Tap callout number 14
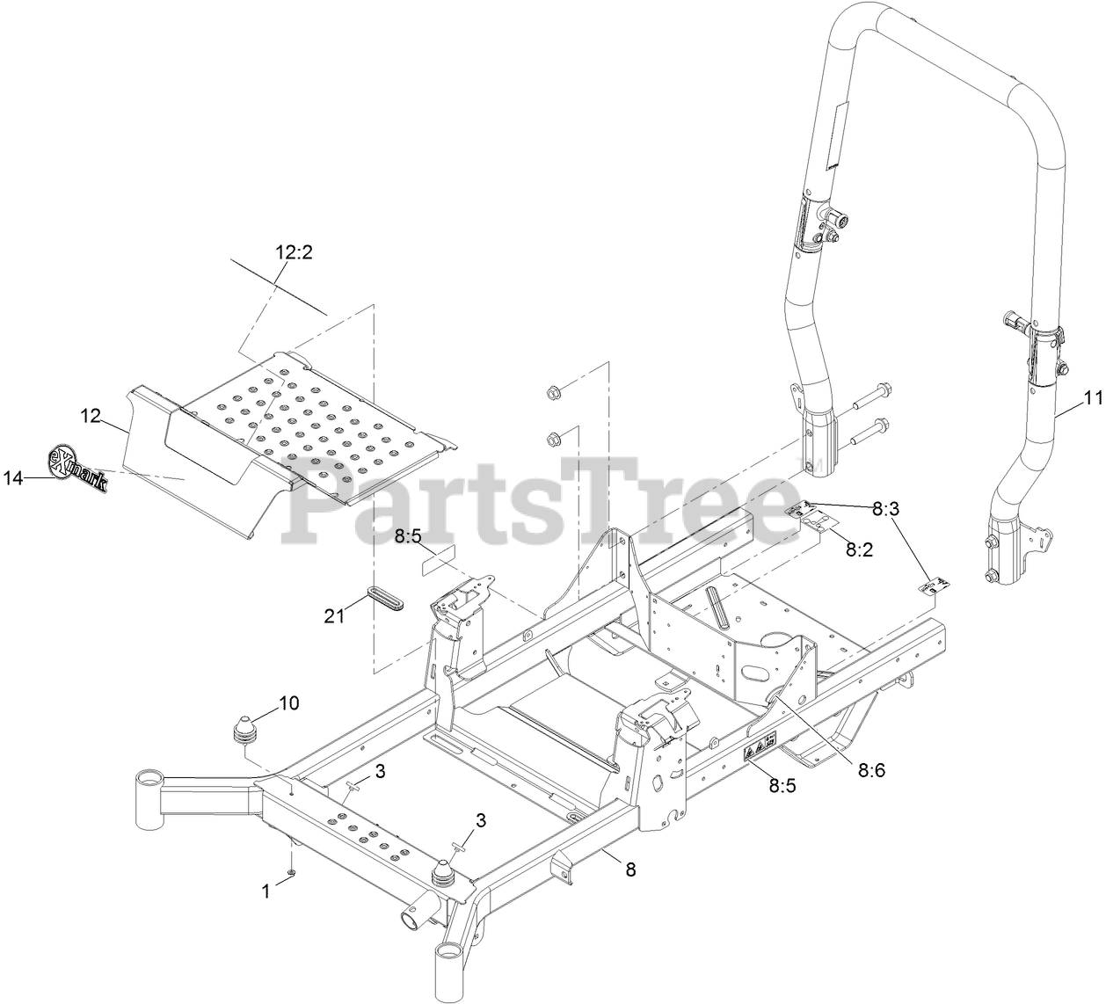point(13,478)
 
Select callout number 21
point(334,616)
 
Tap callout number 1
point(266,891)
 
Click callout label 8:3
point(885,508)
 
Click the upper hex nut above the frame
point(554,391)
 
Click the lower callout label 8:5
point(782,786)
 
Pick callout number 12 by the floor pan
point(92,416)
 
